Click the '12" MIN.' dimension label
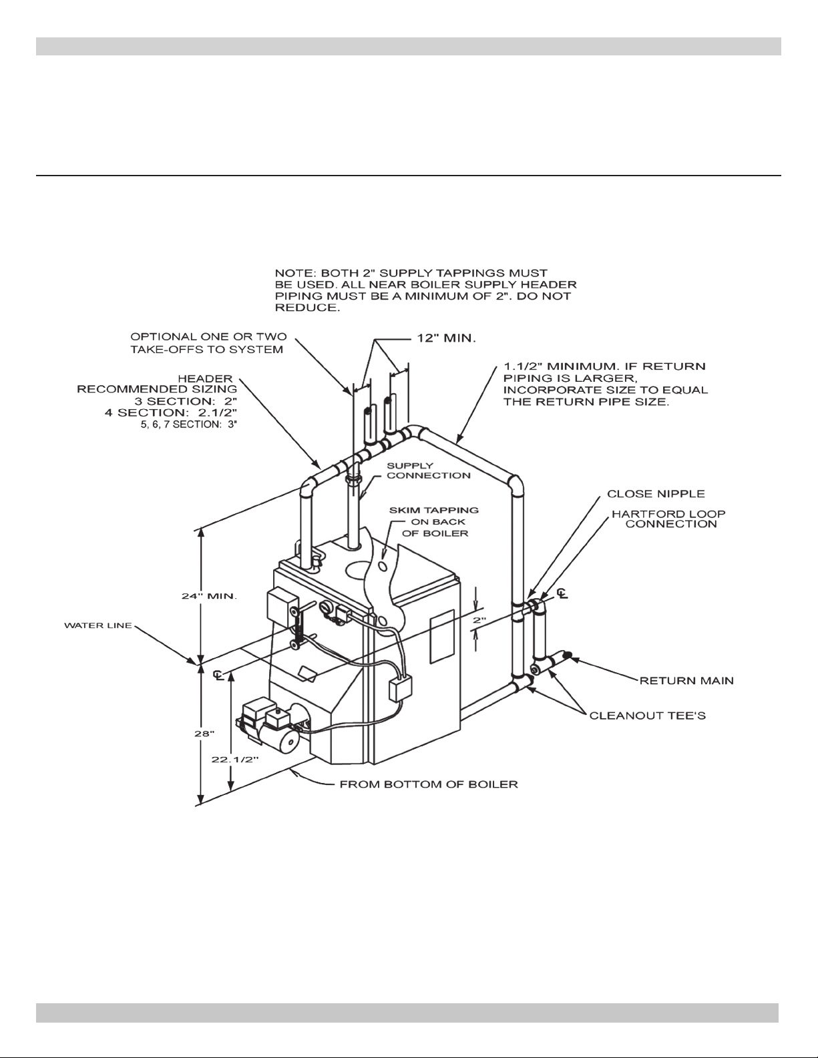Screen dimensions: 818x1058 pos(446,338)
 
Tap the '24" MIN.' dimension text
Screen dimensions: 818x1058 pos(210,596)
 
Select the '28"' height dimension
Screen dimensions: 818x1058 pos(204,734)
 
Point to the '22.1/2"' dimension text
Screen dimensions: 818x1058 pos(234,760)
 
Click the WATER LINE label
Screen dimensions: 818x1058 pos(98,625)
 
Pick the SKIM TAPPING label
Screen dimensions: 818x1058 pos(434,510)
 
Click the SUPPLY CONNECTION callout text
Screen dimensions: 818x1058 pos(429,471)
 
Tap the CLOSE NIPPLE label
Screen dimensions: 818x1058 pos(656,494)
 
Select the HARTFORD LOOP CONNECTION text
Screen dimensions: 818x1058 pos(668,519)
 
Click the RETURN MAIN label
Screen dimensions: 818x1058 pos(686,681)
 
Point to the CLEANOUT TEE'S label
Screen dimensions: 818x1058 pos(648,716)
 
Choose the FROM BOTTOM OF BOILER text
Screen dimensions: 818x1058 pos(429,784)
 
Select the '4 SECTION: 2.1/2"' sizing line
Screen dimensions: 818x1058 pos(171,413)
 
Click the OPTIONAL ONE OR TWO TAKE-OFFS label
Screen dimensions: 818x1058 pos(208,343)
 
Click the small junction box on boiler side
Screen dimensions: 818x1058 pos(401,688)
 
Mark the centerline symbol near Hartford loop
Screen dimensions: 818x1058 pos(562,593)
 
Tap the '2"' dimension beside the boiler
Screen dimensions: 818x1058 pos(479,620)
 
